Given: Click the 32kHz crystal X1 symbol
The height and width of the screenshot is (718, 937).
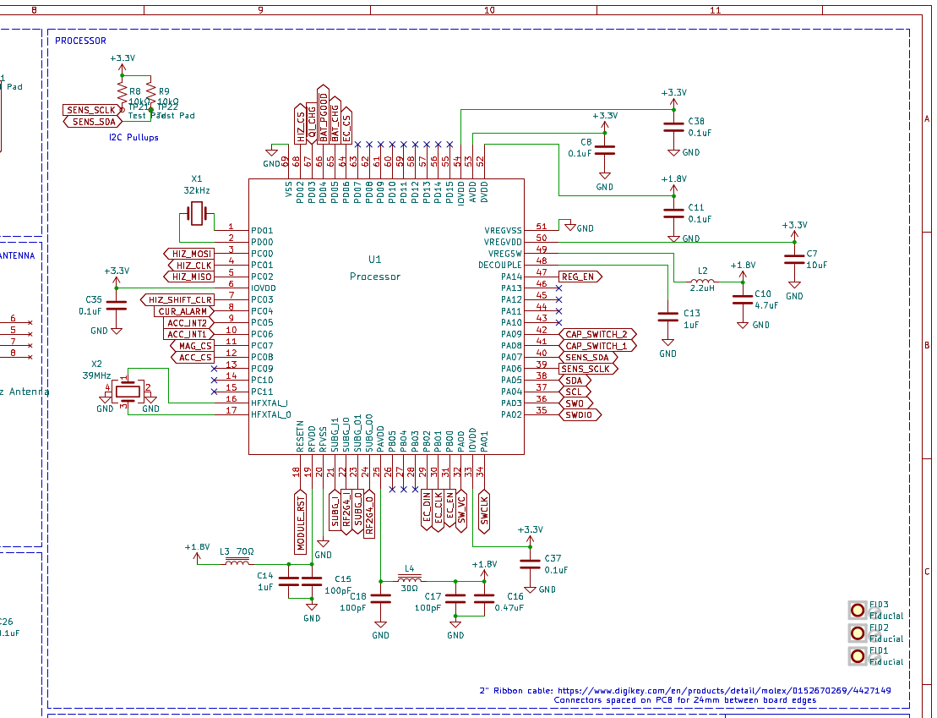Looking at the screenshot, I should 197,214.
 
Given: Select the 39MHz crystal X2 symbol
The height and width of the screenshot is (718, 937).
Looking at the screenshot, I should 128,390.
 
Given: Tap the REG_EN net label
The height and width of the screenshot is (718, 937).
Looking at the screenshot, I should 580,277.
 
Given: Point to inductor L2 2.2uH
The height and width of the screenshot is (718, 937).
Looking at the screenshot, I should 702,282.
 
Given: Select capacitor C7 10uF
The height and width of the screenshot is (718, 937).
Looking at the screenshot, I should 794,259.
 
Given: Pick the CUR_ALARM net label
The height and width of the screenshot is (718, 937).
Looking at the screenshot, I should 182,311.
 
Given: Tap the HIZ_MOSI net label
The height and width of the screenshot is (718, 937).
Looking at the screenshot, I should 188,254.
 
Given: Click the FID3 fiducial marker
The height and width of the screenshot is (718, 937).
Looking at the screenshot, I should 858,609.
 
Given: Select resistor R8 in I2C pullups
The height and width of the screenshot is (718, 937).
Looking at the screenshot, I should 122,90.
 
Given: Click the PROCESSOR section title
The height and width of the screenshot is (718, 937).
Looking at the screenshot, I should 81,41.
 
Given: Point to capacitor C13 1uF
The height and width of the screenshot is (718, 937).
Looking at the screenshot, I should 667,317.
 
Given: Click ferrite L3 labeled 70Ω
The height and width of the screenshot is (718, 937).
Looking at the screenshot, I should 237,562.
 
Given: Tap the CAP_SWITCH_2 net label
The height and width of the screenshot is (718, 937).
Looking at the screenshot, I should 597,334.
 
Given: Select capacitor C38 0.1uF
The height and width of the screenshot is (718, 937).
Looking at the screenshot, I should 673,126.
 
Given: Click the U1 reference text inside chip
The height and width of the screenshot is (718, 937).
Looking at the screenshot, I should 375,260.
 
